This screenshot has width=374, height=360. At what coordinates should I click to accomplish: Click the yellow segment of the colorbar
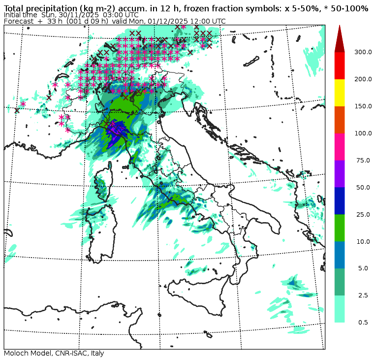point(340,93)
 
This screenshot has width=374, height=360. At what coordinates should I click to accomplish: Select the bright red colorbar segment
point(340,65)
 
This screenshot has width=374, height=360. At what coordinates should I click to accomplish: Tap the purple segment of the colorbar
point(340,174)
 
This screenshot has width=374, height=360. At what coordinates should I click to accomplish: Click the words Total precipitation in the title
point(39,8)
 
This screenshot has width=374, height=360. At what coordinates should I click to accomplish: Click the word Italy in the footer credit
point(95,354)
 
